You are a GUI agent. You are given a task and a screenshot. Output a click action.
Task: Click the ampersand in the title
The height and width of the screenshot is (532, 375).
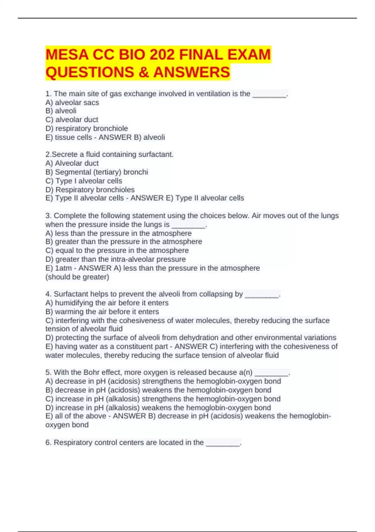(x=143, y=72)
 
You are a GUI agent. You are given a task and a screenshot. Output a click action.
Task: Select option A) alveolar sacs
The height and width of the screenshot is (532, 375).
(x=72, y=102)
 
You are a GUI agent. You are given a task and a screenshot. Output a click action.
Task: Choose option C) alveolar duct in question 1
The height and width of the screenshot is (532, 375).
(x=72, y=120)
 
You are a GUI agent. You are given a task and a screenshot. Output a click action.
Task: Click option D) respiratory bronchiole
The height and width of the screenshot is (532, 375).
(x=87, y=128)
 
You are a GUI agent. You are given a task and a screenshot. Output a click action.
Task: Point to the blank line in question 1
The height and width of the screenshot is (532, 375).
(x=269, y=94)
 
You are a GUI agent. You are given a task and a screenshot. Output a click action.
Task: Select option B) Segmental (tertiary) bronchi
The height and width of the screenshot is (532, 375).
(x=97, y=172)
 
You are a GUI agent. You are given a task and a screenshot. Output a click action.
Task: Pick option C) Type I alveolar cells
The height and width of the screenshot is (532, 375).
(x=84, y=181)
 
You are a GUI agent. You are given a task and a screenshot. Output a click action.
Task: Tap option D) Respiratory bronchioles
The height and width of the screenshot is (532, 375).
(x=90, y=190)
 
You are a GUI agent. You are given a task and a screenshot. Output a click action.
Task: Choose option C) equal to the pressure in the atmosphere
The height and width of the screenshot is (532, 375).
(x=117, y=250)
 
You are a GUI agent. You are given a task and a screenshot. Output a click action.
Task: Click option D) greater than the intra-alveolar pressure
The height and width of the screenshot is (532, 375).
(x=116, y=259)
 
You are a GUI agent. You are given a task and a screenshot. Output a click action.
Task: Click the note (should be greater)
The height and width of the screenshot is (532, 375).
(x=77, y=277)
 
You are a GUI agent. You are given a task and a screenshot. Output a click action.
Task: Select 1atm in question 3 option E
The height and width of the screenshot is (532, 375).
(x=63, y=268)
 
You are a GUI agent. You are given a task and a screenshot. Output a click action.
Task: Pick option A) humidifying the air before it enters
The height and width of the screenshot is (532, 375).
(x=107, y=303)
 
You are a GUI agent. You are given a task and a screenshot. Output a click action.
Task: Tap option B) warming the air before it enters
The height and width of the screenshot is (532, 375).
(x=102, y=312)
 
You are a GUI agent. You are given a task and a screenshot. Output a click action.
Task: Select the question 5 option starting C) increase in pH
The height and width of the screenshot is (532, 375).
(x=163, y=399)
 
